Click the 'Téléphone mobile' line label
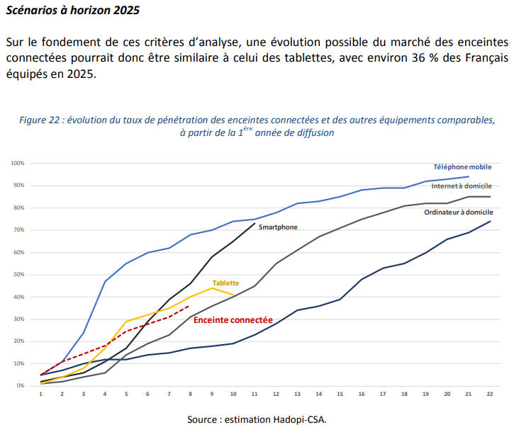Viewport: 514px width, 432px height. [463, 166]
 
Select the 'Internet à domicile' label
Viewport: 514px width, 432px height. [461, 185]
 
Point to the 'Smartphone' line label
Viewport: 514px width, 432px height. [278, 227]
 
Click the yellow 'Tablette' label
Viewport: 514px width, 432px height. [225, 283]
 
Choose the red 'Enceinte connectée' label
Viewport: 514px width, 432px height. [233, 320]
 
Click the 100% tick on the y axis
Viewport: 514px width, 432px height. [18, 163]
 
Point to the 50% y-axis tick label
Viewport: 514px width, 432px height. [19, 274]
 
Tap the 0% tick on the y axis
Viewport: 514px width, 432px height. [21, 385]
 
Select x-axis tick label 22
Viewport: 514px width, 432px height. [490, 394]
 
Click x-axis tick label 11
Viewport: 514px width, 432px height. [255, 394]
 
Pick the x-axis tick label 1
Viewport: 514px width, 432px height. [41, 394]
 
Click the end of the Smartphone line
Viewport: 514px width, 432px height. [255, 223]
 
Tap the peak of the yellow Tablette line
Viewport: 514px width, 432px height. [212, 288]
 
